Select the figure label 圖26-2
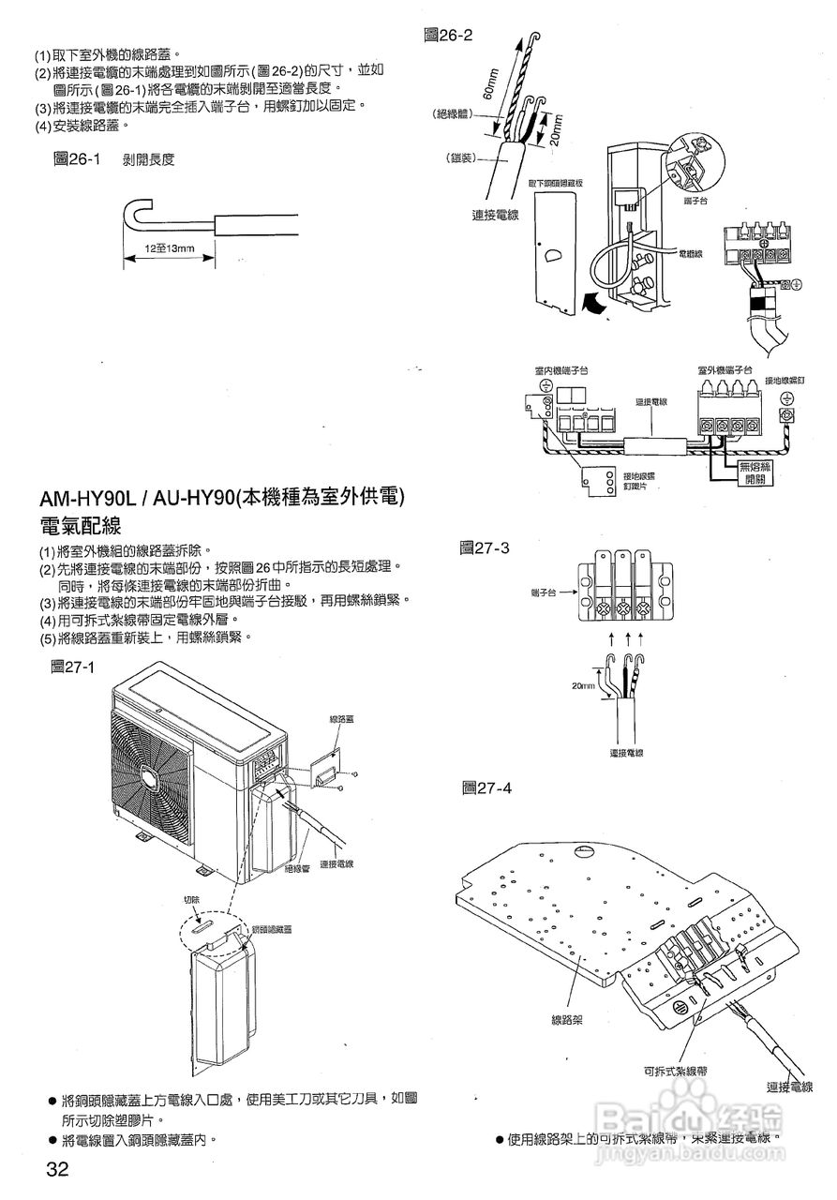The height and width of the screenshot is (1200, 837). (449, 36)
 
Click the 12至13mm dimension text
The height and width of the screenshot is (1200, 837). (170, 249)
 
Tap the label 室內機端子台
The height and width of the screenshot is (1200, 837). (560, 371)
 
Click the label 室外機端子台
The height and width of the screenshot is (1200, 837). (725, 371)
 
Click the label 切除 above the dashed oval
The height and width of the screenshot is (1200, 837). (191, 900)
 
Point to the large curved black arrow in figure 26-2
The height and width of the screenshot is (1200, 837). (590, 302)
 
